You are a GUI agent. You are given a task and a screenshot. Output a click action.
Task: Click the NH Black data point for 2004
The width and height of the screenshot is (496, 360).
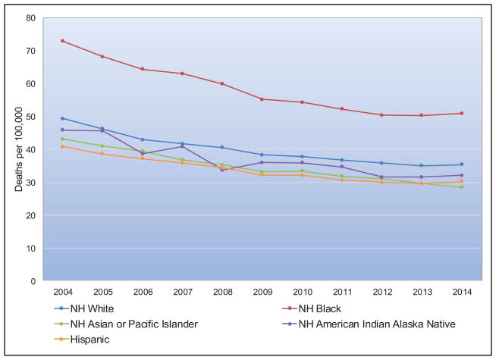coord(62,41)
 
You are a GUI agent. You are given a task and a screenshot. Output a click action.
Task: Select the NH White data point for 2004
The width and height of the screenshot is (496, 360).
coord(62,118)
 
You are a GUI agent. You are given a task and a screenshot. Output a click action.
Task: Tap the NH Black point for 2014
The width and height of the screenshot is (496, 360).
coord(461,114)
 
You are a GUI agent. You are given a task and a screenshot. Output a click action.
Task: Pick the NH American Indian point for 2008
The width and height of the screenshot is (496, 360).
coord(221,170)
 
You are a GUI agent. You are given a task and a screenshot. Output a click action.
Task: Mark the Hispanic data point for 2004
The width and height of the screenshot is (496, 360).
coord(62,146)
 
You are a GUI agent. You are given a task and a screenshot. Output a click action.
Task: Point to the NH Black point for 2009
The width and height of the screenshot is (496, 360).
coord(262,99)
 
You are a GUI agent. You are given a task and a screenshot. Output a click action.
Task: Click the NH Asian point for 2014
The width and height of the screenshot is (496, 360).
coord(461,186)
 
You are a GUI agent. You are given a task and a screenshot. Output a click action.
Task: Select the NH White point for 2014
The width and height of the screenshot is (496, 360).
coord(461,164)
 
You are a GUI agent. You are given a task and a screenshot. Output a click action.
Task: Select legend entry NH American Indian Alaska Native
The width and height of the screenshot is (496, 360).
coord(375,324)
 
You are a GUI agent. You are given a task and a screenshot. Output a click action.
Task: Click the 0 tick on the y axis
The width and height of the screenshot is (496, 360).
coord(33,281)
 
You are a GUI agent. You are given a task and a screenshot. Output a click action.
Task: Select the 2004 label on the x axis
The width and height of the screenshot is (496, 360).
coord(62,291)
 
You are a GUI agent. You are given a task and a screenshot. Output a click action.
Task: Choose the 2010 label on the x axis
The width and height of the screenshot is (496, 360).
coord(301,291)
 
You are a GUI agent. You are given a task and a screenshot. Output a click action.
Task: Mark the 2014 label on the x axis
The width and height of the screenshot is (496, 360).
coord(461,291)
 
